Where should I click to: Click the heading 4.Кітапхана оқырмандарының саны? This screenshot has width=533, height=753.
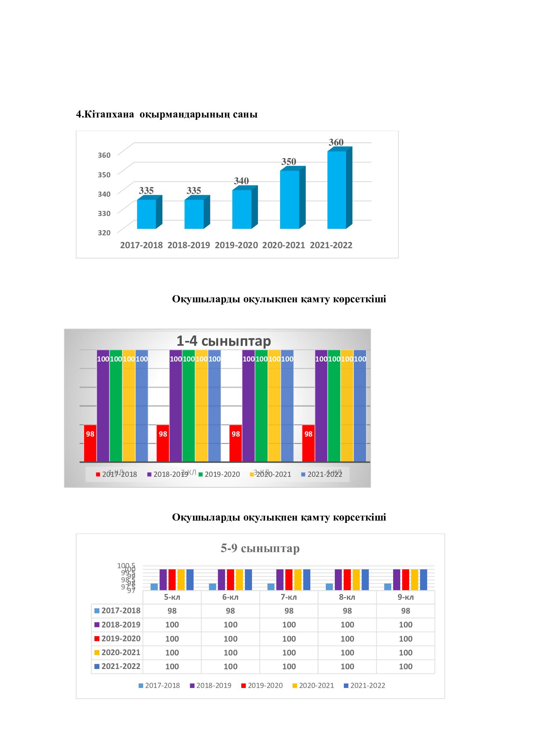(x=167, y=115)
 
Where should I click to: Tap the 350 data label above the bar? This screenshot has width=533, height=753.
(x=288, y=162)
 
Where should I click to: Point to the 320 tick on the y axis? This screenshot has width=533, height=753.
(x=104, y=232)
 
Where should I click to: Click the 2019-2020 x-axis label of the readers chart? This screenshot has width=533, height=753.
(x=236, y=245)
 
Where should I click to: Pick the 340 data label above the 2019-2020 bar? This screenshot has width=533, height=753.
(x=241, y=181)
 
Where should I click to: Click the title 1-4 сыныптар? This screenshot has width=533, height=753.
(x=224, y=341)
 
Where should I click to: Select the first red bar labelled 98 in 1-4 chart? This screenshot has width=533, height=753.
(x=90, y=443)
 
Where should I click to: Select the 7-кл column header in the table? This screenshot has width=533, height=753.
(x=289, y=597)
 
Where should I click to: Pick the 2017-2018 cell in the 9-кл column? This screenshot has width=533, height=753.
(x=406, y=611)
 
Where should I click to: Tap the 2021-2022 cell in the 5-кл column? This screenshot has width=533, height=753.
(x=172, y=667)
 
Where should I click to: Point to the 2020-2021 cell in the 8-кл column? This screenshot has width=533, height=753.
(x=347, y=653)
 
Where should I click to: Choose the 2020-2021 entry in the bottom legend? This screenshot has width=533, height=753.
(x=313, y=686)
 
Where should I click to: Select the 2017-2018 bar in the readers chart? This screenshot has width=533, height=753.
(x=146, y=214)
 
